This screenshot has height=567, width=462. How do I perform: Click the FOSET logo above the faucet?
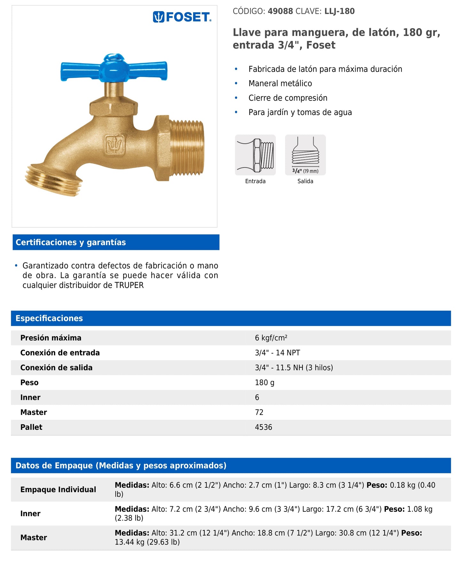(182, 17)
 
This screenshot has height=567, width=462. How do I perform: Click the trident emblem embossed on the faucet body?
(115, 144)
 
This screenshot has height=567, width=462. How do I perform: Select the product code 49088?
(280, 11)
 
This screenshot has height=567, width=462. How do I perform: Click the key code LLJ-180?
(339, 11)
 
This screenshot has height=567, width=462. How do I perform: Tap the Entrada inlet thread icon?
(255, 155)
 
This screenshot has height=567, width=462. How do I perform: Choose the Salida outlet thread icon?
(305, 155)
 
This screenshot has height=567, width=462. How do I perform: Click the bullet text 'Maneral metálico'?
(280, 83)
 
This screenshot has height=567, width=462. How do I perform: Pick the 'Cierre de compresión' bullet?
(288, 98)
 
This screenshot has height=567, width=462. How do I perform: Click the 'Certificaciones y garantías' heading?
(71, 242)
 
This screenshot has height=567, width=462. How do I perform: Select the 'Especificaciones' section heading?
(49, 318)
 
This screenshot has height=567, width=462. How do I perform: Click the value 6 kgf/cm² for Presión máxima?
(271, 338)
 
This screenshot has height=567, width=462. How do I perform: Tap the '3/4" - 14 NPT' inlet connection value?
(277, 353)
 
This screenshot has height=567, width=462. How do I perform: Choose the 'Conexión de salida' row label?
(56, 368)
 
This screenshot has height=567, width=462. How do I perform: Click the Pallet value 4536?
(263, 427)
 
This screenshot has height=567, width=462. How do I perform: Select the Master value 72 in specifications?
(259, 412)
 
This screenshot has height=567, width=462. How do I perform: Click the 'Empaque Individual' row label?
(58, 490)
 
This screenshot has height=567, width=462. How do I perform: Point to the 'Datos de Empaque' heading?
(121, 465)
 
